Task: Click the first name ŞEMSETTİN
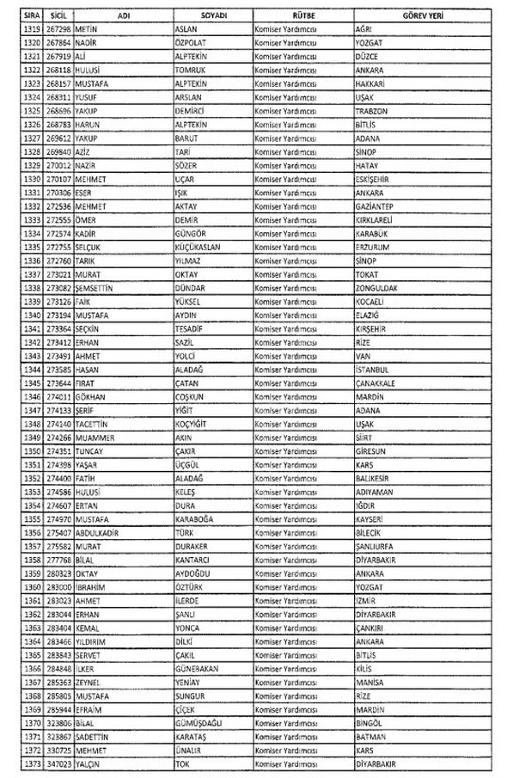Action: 94,288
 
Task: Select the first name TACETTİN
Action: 91,424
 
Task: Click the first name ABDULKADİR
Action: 95,532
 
